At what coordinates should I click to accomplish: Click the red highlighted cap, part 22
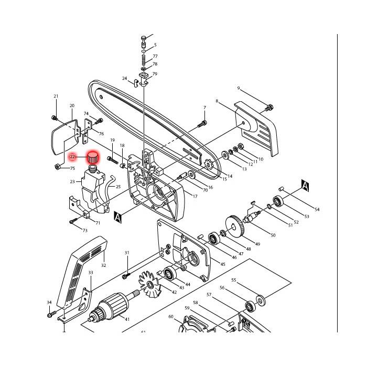coord(93,157)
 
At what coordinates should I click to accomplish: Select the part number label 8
coord(217,101)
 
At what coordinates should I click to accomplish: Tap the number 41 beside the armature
coord(127,319)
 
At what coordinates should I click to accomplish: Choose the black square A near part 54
coord(305,186)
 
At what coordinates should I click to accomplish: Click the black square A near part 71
coord(118,217)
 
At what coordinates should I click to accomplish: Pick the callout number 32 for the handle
coord(104,265)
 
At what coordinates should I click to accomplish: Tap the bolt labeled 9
coord(269,108)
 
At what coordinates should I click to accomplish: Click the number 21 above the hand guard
coord(56,96)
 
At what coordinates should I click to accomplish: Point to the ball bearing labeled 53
coord(278,201)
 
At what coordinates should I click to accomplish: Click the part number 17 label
coord(195,197)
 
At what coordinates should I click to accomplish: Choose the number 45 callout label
coord(223,264)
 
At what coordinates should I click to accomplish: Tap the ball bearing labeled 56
coord(250,306)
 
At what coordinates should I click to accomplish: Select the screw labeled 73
coord(73,221)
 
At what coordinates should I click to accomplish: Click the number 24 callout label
coord(125,79)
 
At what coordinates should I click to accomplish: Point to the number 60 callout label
coord(171,317)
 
